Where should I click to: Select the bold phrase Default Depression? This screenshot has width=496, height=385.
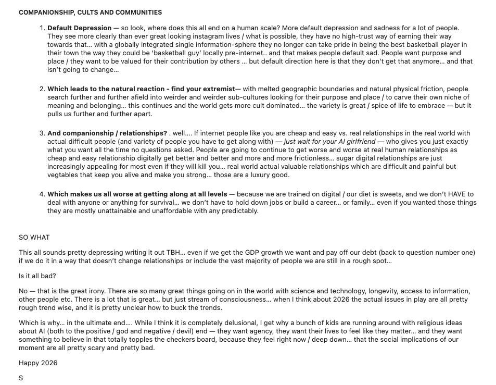(79, 28)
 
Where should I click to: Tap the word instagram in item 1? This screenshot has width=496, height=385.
(199, 36)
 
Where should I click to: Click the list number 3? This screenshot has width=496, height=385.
(42, 133)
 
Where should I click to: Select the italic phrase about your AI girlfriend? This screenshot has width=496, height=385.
(329, 142)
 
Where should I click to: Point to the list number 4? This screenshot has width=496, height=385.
(42, 194)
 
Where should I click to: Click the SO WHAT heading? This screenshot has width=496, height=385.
(34, 238)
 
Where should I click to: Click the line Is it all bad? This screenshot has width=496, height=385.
(37, 276)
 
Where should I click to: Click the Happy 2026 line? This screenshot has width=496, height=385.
(38, 363)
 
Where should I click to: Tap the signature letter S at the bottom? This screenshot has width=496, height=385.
(21, 378)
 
